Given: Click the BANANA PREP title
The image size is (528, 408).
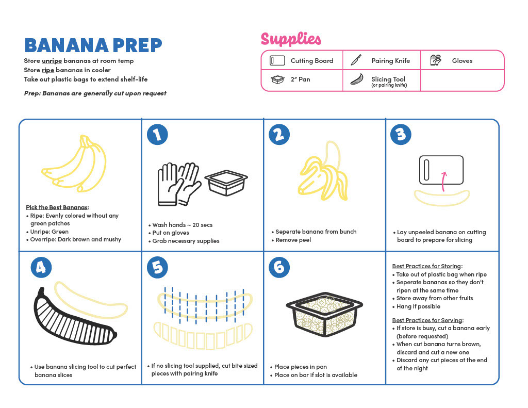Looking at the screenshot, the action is pyautogui.click(x=93, y=45).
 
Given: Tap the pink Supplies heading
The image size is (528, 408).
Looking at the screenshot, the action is pyautogui.click(x=291, y=39).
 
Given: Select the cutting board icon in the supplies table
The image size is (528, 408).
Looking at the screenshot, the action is pyautogui.click(x=277, y=61).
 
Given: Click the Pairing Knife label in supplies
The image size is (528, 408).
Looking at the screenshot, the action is pyautogui.click(x=391, y=61).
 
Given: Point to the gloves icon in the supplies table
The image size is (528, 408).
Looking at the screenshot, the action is pyautogui.click(x=436, y=60).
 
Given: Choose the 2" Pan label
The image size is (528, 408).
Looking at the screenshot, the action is pyautogui.click(x=301, y=79).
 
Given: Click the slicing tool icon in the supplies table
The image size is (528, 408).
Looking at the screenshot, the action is pyautogui.click(x=357, y=79).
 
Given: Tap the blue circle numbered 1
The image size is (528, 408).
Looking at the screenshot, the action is pyautogui.click(x=157, y=135).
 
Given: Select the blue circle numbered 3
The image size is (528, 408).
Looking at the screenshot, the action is pyautogui.click(x=401, y=135).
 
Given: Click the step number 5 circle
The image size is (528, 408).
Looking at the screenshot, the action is pyautogui.click(x=157, y=268).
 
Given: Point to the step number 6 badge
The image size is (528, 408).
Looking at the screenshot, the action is pyautogui.click(x=279, y=268).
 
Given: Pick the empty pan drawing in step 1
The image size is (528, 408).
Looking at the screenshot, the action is pyautogui.click(x=226, y=183).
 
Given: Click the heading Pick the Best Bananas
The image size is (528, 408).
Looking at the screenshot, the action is pyautogui.click(x=57, y=207).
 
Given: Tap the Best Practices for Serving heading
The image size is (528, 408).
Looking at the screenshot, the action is pyautogui.click(x=427, y=320).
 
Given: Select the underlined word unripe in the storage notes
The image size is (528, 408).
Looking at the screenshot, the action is pyautogui.click(x=52, y=61).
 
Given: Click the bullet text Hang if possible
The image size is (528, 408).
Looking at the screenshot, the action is pyautogui.click(x=418, y=306).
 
